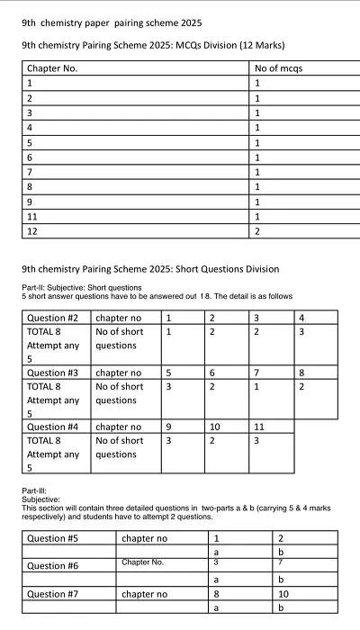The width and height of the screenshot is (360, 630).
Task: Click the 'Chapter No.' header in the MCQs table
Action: (x=52, y=68)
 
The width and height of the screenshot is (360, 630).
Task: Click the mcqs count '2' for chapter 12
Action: (x=258, y=231)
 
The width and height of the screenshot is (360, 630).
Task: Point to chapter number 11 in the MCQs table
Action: (x=32, y=217)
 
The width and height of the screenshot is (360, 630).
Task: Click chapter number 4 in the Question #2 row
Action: (x=301, y=318)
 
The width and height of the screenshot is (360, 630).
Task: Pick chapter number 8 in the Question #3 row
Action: (x=301, y=373)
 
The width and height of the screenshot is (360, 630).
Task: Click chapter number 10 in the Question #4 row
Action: (x=215, y=427)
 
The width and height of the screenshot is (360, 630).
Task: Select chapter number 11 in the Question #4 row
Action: (x=260, y=427)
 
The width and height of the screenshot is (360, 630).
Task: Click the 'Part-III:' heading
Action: (x=37, y=490)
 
